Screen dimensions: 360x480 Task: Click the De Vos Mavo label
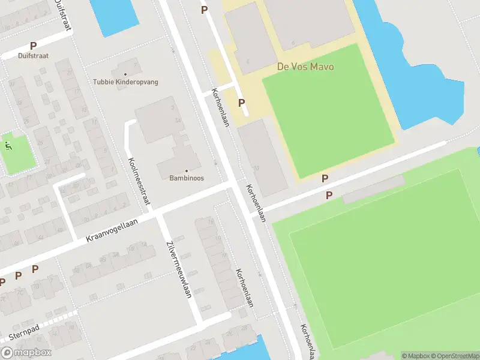[x=305, y=67]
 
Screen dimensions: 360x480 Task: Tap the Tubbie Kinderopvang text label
[x=125, y=82]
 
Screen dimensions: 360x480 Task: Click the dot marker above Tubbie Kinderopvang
[x=125, y=74]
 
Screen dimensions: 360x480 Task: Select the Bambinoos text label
[x=186, y=178]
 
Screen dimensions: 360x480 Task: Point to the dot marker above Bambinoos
[x=186, y=170]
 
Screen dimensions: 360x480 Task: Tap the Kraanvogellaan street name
[x=112, y=230]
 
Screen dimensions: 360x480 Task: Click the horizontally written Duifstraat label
[x=33, y=55]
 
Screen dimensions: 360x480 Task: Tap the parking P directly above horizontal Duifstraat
[x=33, y=46]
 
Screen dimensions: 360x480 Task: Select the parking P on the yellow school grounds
[x=242, y=103]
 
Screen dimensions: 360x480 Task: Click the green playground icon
[x=8, y=145]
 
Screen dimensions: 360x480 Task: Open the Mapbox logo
[x=26, y=353]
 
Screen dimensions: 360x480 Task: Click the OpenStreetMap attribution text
[x=454, y=356]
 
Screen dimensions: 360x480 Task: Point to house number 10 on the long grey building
[x=256, y=168]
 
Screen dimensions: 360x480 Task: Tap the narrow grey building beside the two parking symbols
[x=373, y=189]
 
